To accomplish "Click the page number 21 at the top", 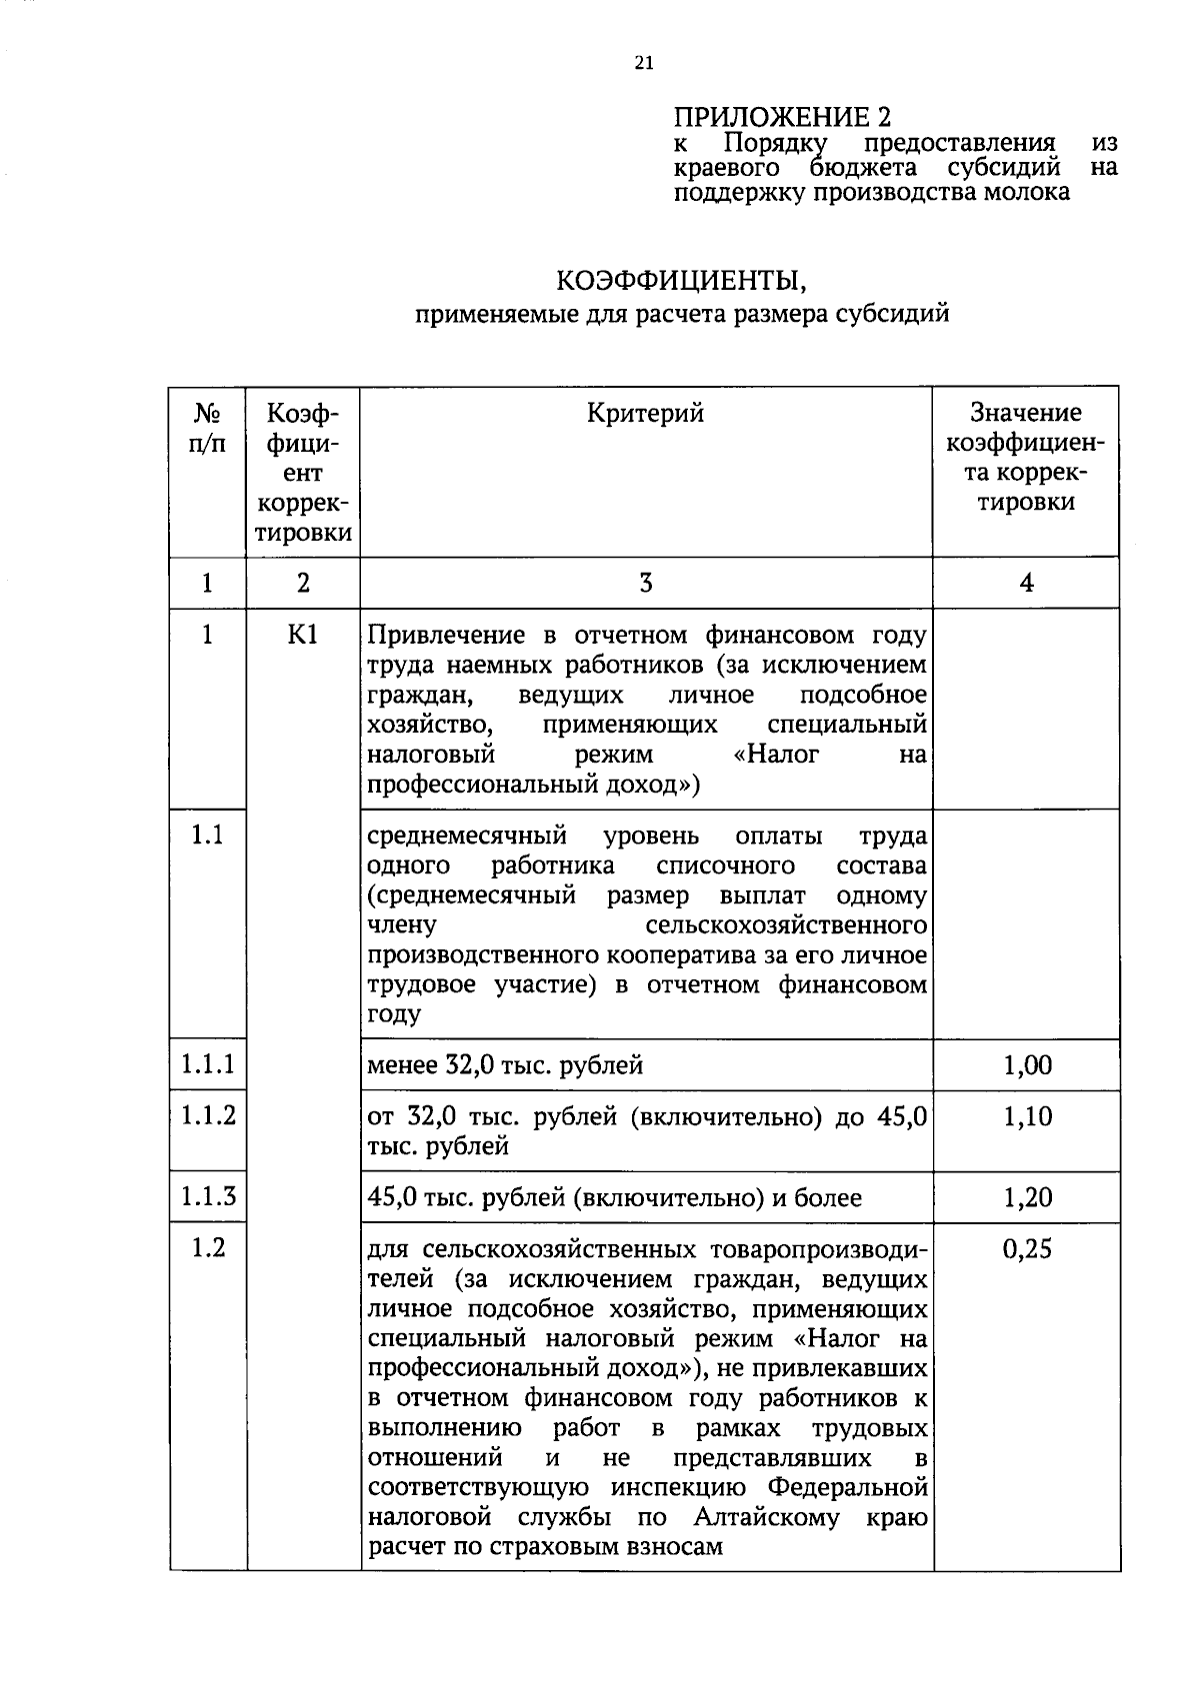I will click(643, 63).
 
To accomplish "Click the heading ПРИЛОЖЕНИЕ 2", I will click(781, 116).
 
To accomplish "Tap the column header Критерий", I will click(645, 413).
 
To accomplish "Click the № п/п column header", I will click(207, 428).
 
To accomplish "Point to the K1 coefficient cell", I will click(302, 636).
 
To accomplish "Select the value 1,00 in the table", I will click(1027, 1065).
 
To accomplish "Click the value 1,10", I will click(1027, 1116).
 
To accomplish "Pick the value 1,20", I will click(1027, 1197).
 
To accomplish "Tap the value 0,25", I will click(1027, 1249).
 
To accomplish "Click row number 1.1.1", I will click(208, 1064).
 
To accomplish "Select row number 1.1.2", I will click(208, 1115).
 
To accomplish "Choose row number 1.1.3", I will click(208, 1196).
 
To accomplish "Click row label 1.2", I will click(208, 1248).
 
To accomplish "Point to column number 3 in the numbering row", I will click(645, 583).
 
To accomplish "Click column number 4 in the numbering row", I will click(1026, 583).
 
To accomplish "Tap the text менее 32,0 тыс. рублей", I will click(505, 1066).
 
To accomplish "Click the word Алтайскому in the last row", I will click(767, 1518).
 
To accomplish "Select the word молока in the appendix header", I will click(1024, 192).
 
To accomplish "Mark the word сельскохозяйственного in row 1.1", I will click(786, 925).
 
